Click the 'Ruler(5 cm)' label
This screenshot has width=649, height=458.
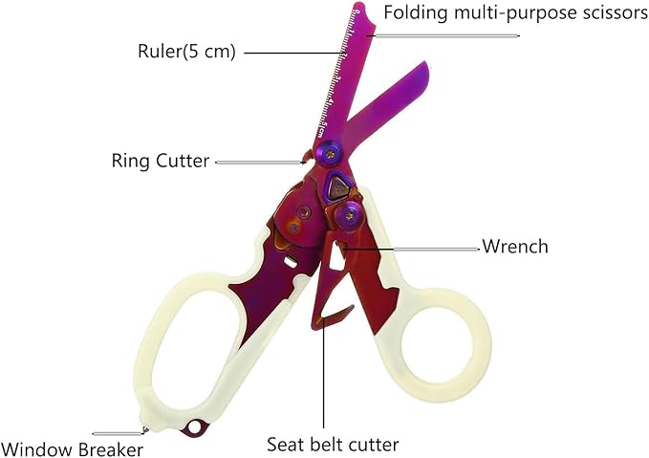[186, 52]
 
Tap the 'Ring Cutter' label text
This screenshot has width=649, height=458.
[161, 161]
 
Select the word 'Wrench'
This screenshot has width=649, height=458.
[515, 247]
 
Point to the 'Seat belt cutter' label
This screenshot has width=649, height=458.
[333, 445]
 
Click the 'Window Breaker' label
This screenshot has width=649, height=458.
[73, 449]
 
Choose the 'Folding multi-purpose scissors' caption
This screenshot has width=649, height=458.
[516, 13]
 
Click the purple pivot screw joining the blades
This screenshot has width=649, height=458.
[330, 154]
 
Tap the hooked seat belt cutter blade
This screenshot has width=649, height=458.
[331, 315]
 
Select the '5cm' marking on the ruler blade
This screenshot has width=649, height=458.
[323, 129]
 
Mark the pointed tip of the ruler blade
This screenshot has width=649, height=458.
[358, 6]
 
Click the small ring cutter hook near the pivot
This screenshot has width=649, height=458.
[307, 157]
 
